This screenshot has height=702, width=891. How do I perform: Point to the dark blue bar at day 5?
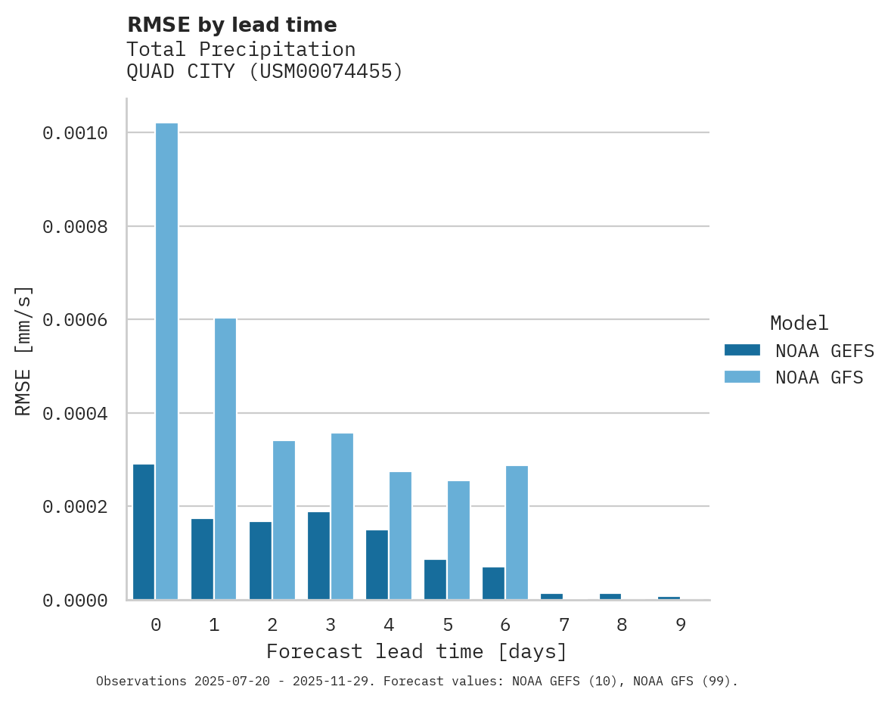click(x=435, y=579)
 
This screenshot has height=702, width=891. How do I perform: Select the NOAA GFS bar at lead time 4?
click(x=400, y=536)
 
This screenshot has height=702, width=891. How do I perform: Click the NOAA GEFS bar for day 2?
click(x=260, y=561)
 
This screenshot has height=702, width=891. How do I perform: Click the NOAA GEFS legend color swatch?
click(x=742, y=350)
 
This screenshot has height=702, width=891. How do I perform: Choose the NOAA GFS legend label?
click(x=819, y=377)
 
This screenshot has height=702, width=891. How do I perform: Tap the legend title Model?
click(x=799, y=323)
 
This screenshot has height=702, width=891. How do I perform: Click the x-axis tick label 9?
click(x=680, y=625)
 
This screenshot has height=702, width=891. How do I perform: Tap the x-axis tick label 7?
click(x=563, y=625)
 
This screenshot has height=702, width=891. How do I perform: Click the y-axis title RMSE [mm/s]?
click(x=23, y=351)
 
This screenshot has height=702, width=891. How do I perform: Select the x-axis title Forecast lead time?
click(x=416, y=651)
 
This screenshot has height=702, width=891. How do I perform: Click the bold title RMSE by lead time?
click(x=231, y=25)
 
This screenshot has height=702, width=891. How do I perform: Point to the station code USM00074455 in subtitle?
click(x=325, y=72)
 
